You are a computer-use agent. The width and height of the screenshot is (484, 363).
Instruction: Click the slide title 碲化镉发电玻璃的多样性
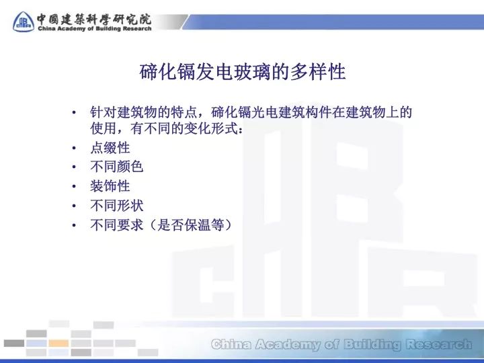coord(242,73)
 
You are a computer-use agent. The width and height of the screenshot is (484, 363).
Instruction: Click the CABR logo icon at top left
coord(23,21)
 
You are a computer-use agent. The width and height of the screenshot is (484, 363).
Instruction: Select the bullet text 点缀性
coord(110,148)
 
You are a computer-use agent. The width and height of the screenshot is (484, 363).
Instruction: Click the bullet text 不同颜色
coord(117,167)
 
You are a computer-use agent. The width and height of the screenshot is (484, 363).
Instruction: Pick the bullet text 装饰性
coord(110,186)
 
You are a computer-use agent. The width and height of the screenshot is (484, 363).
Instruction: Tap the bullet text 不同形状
coord(117,205)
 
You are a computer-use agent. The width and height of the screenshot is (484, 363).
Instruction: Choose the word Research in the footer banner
coord(437,345)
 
